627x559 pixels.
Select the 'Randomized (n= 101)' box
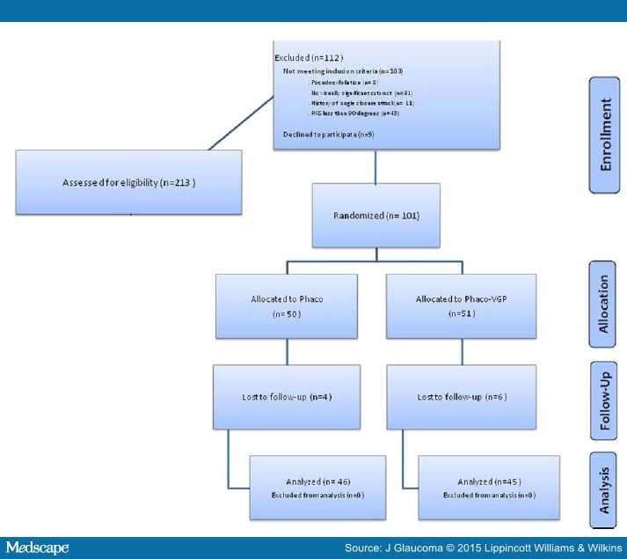pyautogui.click(x=375, y=216)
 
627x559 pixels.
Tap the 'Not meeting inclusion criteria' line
pyautogui.click(x=342, y=70)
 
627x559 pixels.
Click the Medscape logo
pyautogui.click(x=37, y=548)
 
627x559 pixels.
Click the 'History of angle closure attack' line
pyautogui.click(x=349, y=103)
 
